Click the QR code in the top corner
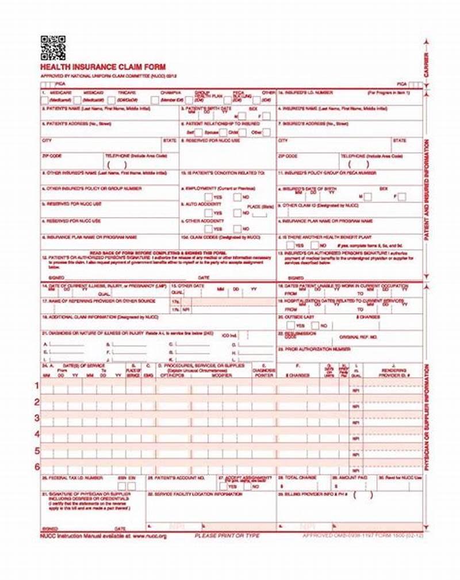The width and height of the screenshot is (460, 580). coord(52,48)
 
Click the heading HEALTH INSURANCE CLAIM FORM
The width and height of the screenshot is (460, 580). coord(94,67)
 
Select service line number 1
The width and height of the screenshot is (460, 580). coord(37,385)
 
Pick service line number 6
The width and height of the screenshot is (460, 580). coord(37,467)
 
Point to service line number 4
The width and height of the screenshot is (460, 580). coord(37,434)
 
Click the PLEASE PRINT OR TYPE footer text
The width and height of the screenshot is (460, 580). coord(227,536)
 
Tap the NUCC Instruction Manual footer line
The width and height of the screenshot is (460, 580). coord(103,536)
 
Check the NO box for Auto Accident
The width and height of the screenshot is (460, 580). coord(237,213)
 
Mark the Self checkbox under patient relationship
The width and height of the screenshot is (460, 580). coord(196,132)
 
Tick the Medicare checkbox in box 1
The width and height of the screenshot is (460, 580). coord(44,100)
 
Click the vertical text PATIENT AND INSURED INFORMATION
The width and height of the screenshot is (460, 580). coord(426,190)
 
